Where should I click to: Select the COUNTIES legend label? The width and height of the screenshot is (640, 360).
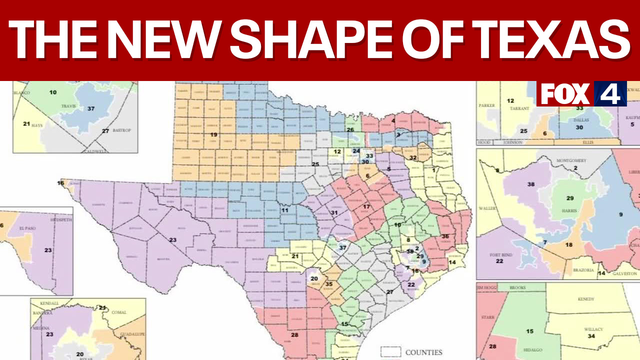point(424,352)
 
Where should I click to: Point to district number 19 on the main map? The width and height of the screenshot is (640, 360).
point(213,134)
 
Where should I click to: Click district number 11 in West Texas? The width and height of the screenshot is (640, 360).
point(284,210)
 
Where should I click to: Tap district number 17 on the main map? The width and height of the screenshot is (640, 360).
point(366,206)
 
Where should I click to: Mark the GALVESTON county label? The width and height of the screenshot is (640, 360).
point(624,273)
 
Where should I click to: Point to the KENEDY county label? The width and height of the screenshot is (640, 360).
point(585,299)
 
